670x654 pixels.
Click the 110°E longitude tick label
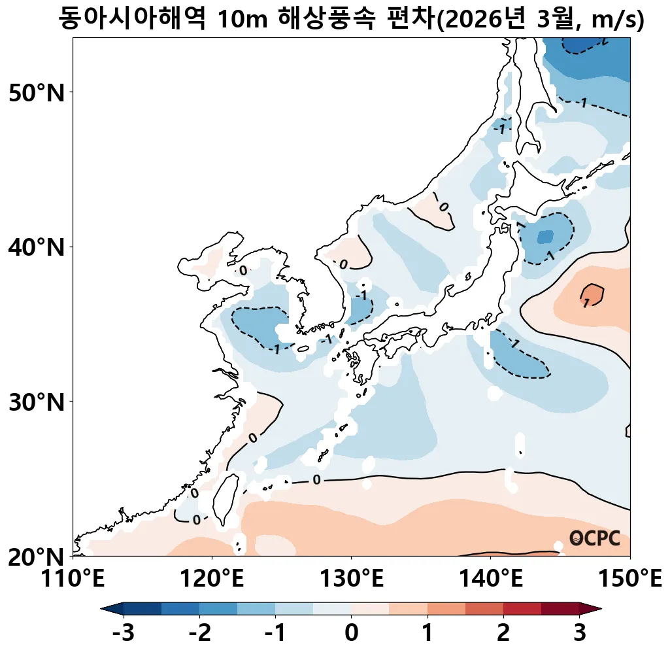click(73, 578)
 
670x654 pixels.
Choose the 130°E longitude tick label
click(352, 578)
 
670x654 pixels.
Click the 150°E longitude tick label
click(629, 578)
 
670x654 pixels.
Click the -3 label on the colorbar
click(123, 633)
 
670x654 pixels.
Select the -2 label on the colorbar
click(199, 633)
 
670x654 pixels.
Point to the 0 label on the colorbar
click(352, 633)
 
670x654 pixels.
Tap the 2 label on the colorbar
click(503, 633)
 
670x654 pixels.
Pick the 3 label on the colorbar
click(579, 633)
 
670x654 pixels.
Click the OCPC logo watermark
click(594, 538)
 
